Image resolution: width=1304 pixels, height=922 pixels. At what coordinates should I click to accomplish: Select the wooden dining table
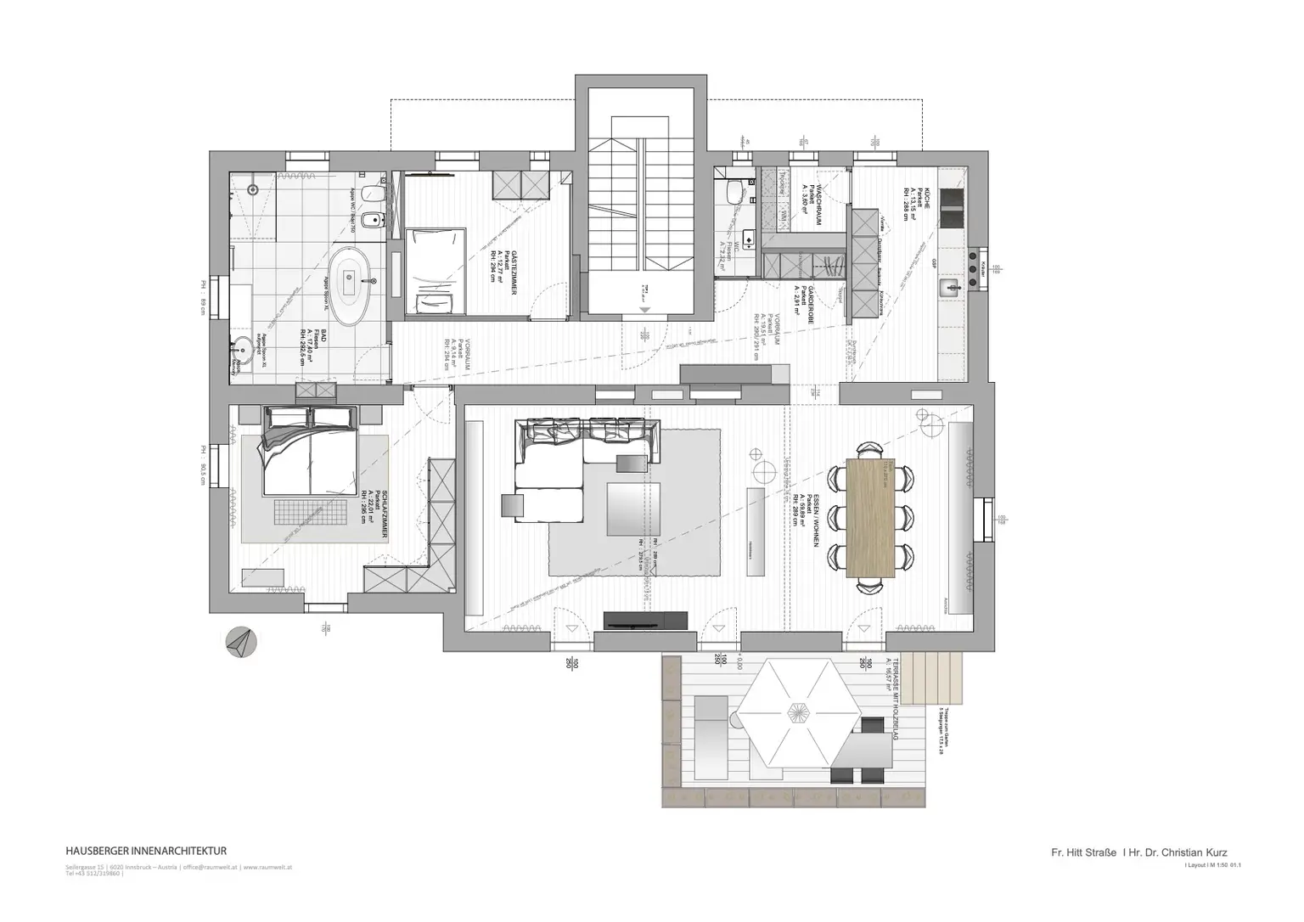click(871, 518)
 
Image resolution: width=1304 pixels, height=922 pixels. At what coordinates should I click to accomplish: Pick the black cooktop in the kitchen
click(953, 210)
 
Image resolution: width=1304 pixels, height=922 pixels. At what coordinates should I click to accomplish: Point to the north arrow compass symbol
click(241, 641)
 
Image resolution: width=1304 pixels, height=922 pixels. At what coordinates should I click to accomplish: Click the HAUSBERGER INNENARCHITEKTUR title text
click(145, 850)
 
